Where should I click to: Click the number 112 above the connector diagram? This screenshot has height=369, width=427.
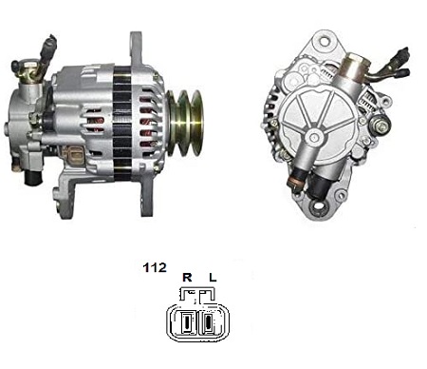pos(155,267)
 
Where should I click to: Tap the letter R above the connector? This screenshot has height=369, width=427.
pos(187,278)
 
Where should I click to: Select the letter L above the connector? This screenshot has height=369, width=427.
pos(213,278)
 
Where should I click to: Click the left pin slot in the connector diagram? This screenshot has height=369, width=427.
pos(187,322)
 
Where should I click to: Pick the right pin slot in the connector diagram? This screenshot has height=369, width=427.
pos(209,322)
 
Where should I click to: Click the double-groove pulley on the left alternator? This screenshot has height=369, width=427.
pos(185,123)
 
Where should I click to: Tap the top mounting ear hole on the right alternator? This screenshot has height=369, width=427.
pos(324,41)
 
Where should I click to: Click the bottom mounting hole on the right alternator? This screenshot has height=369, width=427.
pos(318,207)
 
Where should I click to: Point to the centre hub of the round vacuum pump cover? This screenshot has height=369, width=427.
pos(314,137)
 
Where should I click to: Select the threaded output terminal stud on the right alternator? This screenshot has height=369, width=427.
pos(381,126)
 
